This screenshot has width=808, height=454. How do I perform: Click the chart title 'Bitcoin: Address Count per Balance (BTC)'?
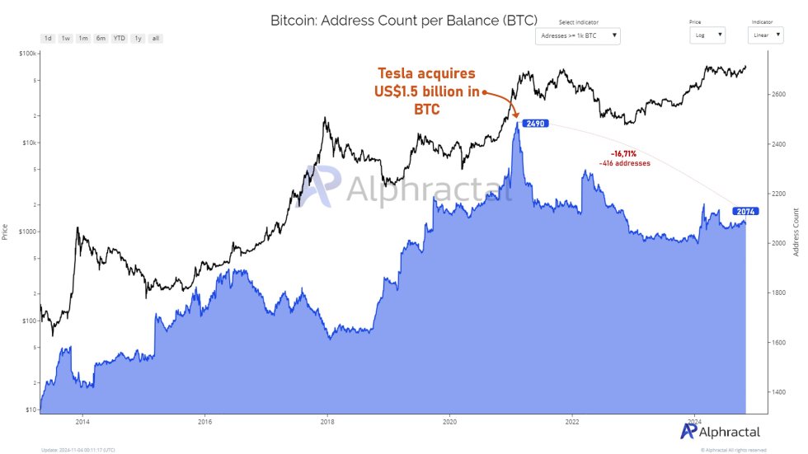click(404, 20)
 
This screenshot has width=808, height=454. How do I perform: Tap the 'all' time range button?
click(156, 39)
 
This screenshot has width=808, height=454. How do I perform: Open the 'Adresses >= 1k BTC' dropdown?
click(577, 35)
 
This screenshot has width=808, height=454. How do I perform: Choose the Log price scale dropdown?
click(708, 35)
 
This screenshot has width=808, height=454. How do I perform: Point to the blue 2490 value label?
click(532, 124)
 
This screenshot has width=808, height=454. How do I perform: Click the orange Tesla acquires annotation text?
click(427, 91)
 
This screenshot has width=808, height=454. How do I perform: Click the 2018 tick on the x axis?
click(327, 420)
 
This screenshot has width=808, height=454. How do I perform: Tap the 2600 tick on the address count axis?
click(780, 95)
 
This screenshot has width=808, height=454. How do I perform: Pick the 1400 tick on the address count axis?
click(780, 392)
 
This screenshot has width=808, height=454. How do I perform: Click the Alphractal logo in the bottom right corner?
click(720, 431)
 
